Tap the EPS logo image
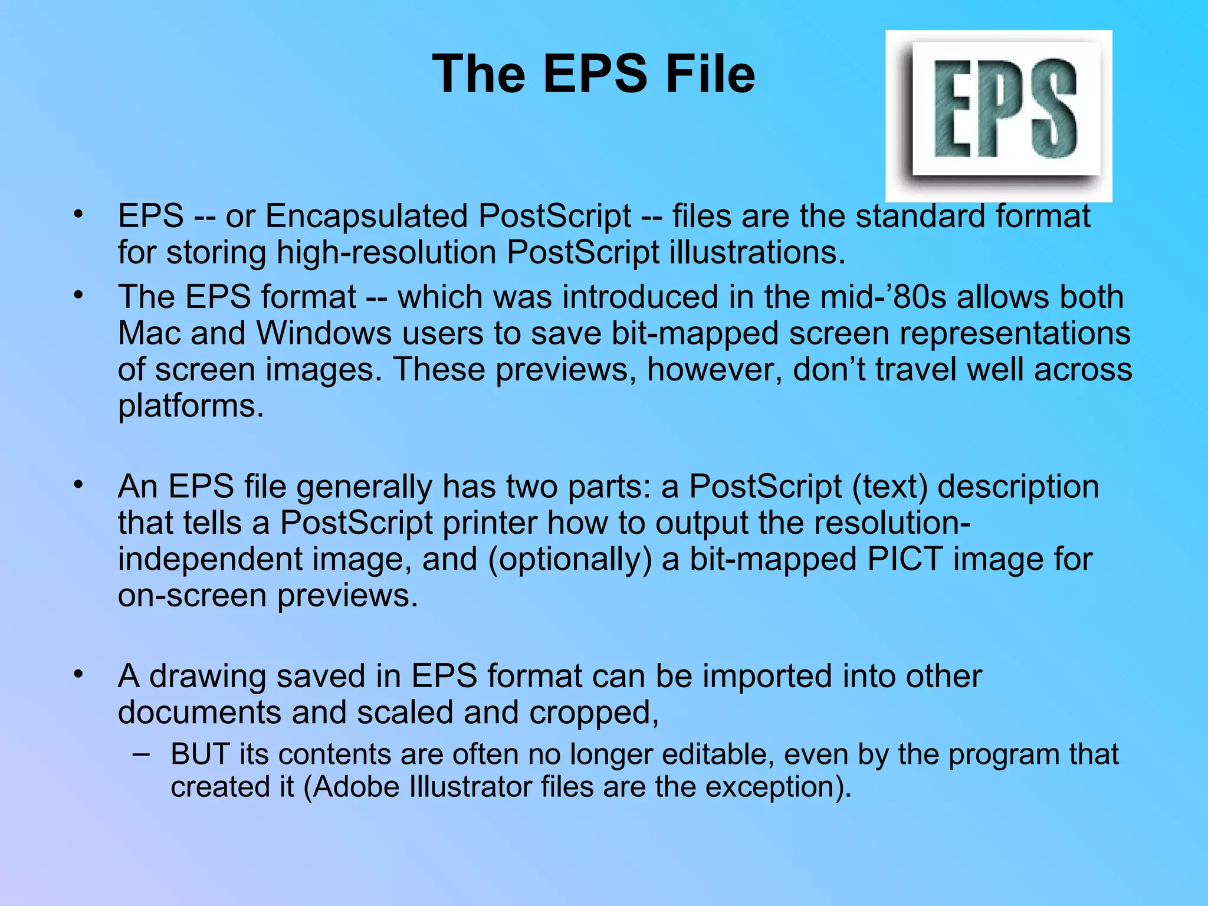[x=999, y=116]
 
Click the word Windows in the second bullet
[x=324, y=333]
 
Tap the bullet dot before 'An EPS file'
[x=78, y=485]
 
